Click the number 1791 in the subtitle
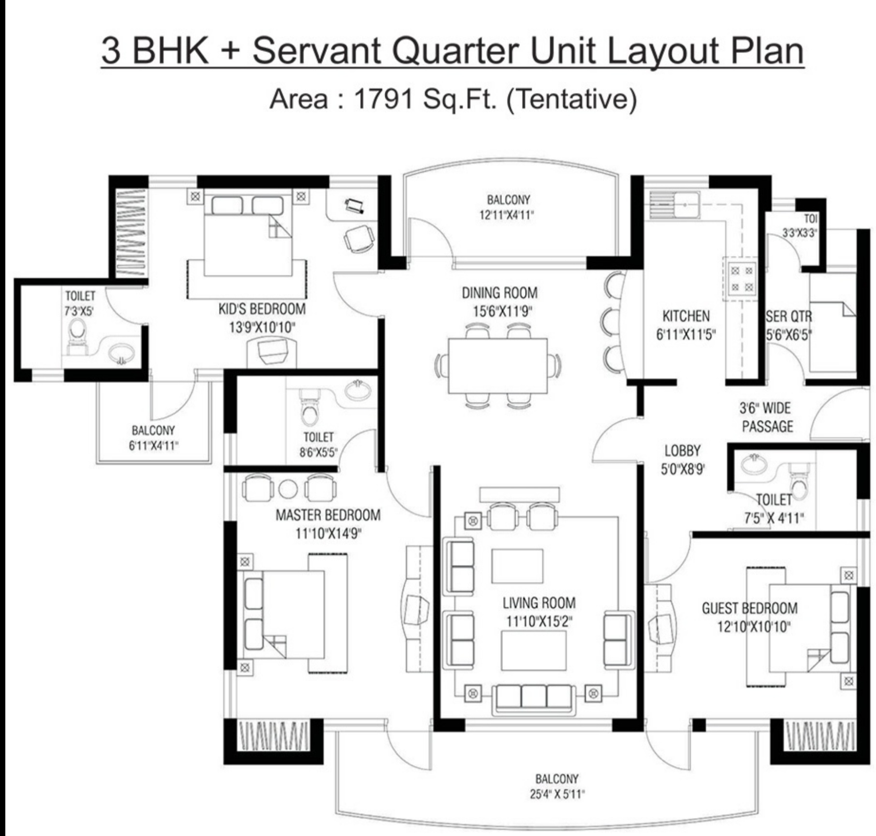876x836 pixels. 384,99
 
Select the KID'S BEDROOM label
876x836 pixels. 262,309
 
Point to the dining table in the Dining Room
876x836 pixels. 497,366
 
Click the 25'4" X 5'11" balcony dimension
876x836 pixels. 557,794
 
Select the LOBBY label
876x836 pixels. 682,451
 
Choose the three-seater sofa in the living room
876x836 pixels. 534,697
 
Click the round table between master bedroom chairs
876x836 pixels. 288,489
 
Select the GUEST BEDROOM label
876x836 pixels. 749,608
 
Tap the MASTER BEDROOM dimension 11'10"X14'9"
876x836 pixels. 328,534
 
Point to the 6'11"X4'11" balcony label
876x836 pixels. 153,446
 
